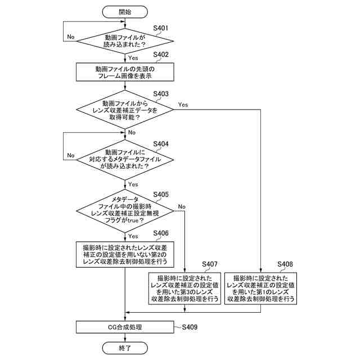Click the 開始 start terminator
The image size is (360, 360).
coord(125,11)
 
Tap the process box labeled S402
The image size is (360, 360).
coord(125,73)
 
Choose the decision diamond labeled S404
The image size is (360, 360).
coord(125,159)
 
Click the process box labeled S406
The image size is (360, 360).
coord(125,254)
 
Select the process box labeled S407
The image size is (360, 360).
coord(184,289)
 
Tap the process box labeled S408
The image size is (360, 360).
coord(260,289)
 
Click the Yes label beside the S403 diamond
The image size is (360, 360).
coord(183,105)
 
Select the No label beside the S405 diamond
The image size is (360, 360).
coord(182,206)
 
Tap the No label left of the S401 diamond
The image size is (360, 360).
coord(71,37)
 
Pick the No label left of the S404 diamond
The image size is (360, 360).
coord(71,155)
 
